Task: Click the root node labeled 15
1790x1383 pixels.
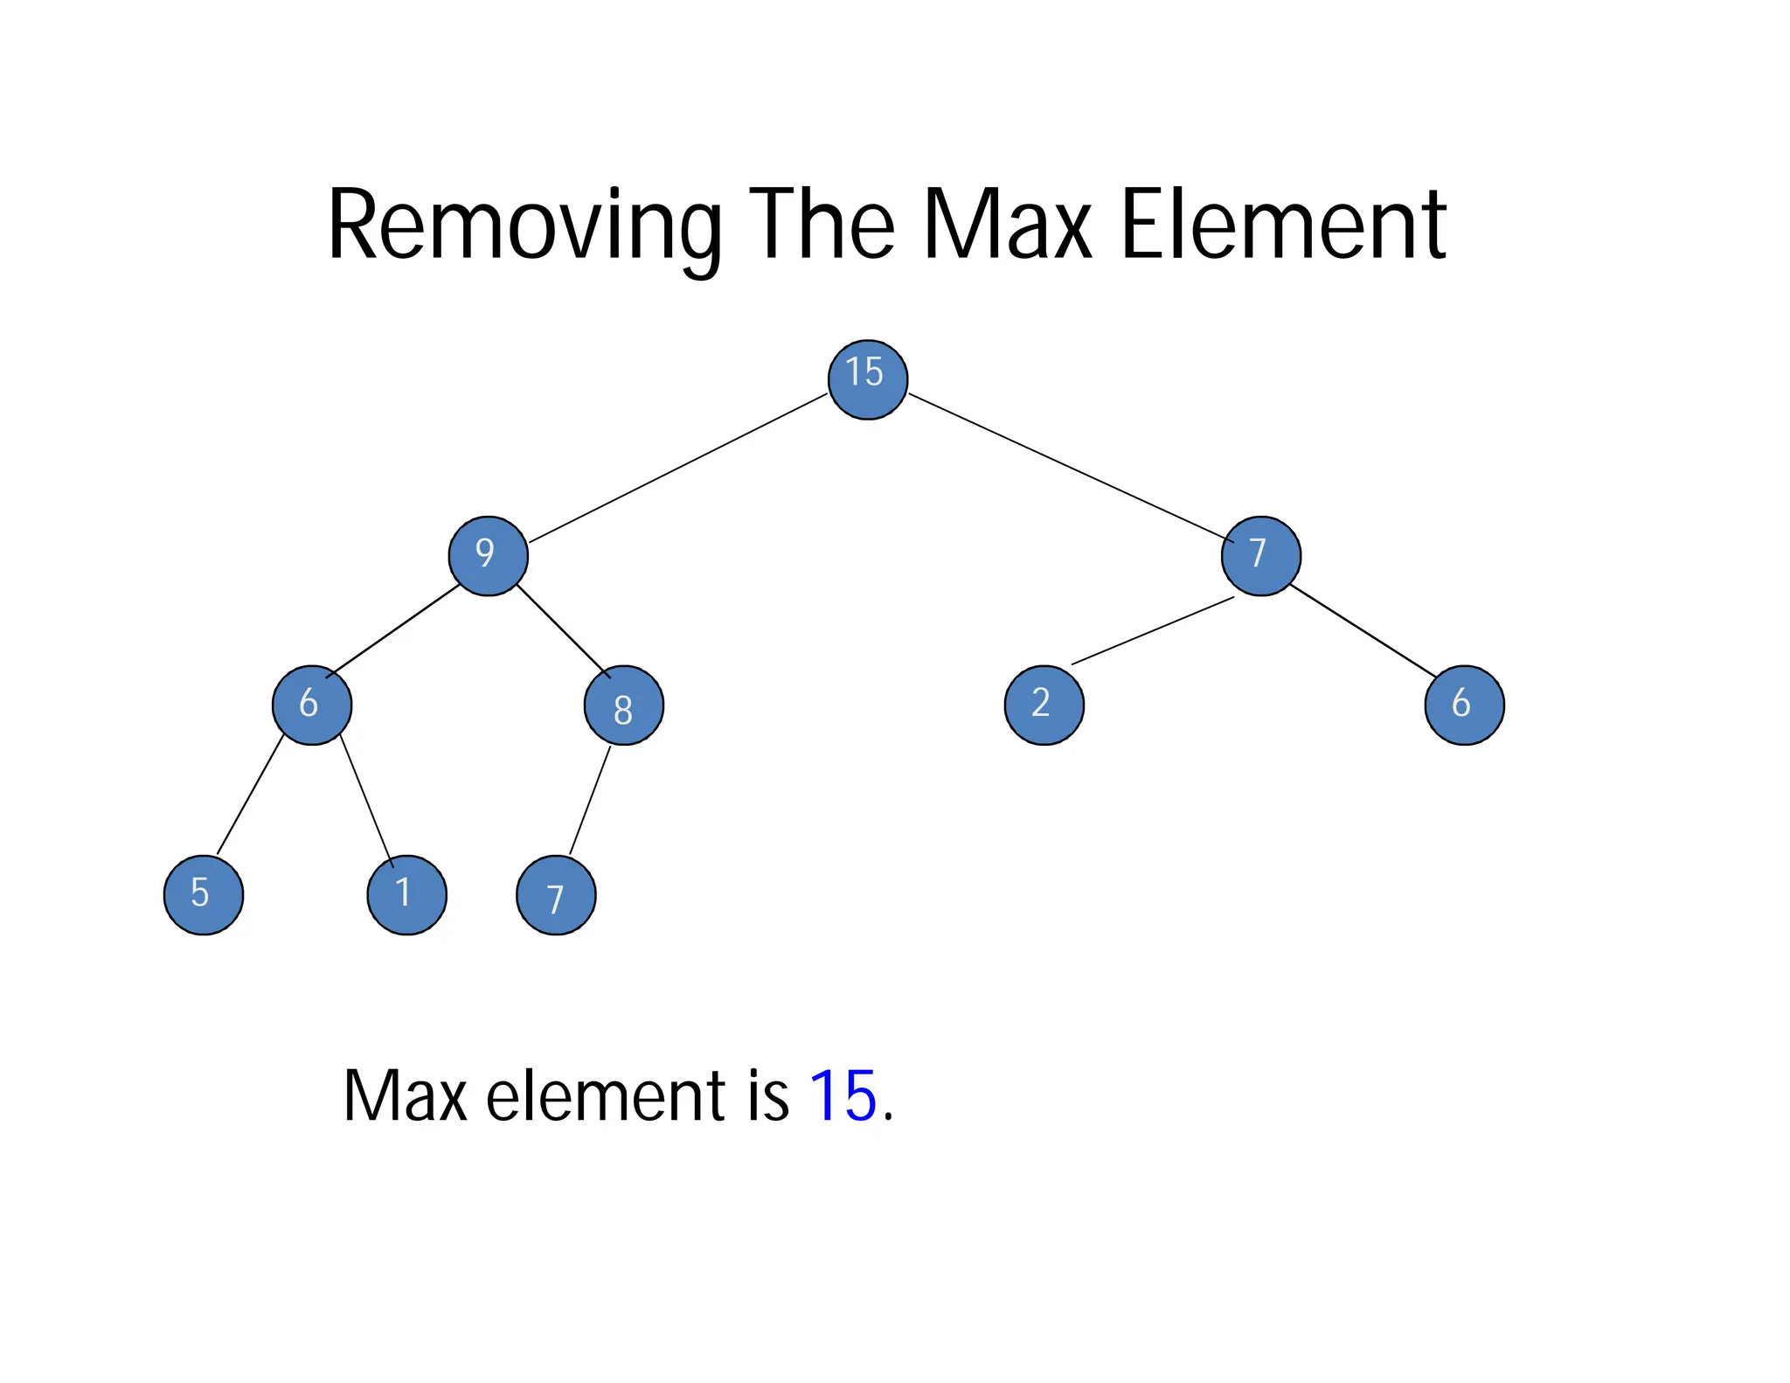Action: pyautogui.click(x=867, y=379)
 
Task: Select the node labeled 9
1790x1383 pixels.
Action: pyautogui.click(x=488, y=556)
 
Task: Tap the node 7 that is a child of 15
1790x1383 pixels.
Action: pyautogui.click(x=1260, y=556)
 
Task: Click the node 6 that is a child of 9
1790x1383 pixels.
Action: pyautogui.click(x=312, y=705)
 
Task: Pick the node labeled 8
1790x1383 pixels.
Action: pyautogui.click(x=623, y=705)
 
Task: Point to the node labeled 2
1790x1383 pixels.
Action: pyautogui.click(x=1044, y=705)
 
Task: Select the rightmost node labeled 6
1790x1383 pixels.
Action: pyautogui.click(x=1464, y=705)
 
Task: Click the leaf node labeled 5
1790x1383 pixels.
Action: pyautogui.click(x=204, y=894)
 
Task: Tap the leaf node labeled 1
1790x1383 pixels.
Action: pyautogui.click(x=406, y=894)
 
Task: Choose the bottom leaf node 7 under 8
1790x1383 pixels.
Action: pyautogui.click(x=556, y=895)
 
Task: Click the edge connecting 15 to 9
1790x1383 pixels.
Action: pyautogui.click(x=677, y=469)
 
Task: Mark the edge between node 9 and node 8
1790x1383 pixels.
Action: pyautogui.click(x=563, y=630)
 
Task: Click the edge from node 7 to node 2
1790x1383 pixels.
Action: pyautogui.click(x=1152, y=631)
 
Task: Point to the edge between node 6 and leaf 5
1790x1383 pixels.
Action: pyautogui.click(x=250, y=795)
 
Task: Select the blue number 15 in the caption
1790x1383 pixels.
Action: pyautogui.click(x=843, y=1095)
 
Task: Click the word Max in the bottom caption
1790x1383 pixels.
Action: pyautogui.click(x=405, y=1095)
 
